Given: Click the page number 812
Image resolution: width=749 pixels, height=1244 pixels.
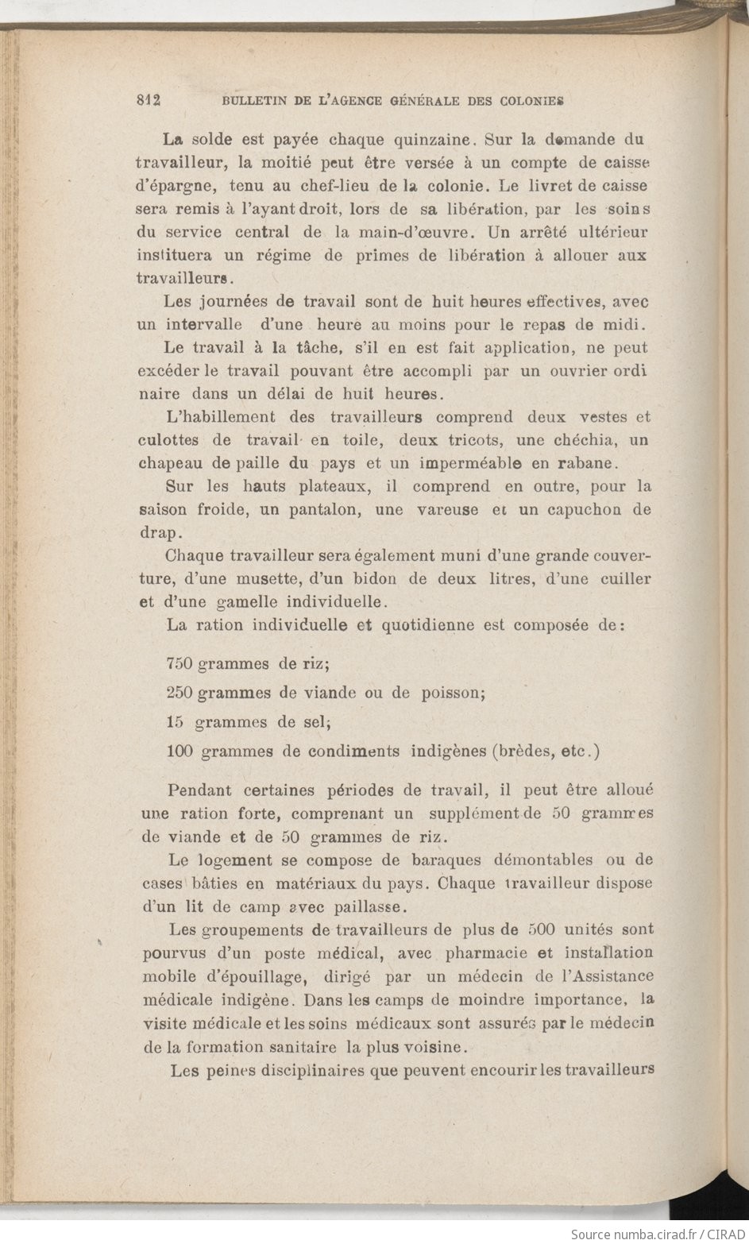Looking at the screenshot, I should tap(149, 100).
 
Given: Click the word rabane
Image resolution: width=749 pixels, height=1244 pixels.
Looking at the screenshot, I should tap(578, 462).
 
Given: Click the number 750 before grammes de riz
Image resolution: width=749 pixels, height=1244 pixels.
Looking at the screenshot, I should tap(181, 662).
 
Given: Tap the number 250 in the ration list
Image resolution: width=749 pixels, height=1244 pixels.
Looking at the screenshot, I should tap(181, 692).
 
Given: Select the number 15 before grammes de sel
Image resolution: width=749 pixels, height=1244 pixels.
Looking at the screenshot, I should tap(176, 722).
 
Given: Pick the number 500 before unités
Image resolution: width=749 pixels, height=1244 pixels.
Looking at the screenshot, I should tap(542, 929).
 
